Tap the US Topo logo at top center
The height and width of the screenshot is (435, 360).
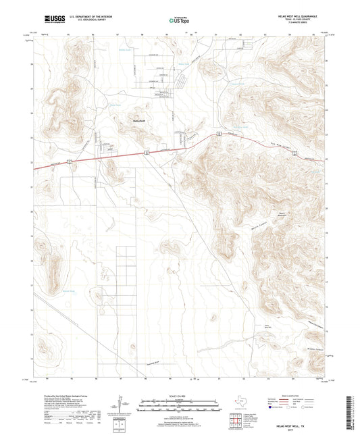(x=177, y=21)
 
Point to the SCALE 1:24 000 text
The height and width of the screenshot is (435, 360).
(x=180, y=395)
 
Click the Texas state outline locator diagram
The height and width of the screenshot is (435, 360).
(x=238, y=402)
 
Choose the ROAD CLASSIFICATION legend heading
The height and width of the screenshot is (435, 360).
(x=294, y=396)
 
